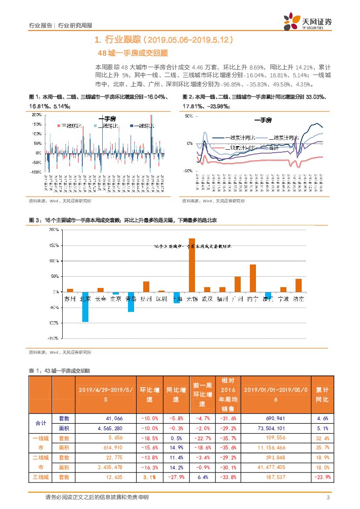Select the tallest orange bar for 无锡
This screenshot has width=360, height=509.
pyautogui.click(x=192, y=265)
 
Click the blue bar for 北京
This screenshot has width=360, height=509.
pyautogui.click(x=85, y=307)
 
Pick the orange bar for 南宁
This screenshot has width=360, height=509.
pyautogui.click(x=252, y=278)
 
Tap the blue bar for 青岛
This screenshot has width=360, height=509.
pyautogui.click(x=131, y=302)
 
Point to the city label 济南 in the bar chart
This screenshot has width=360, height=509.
pyautogui.click(x=299, y=299)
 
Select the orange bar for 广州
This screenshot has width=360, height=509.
pyautogui.click(x=237, y=284)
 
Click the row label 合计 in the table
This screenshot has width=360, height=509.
pyautogui.click(x=40, y=423)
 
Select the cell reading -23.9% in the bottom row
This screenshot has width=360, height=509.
pyautogui.click(x=323, y=477)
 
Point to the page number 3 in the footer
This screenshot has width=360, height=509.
pyautogui.click(x=327, y=497)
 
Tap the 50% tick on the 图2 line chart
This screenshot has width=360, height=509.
pyautogui.click(x=189, y=116)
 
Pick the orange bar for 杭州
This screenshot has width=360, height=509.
pyautogui.click(x=146, y=287)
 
